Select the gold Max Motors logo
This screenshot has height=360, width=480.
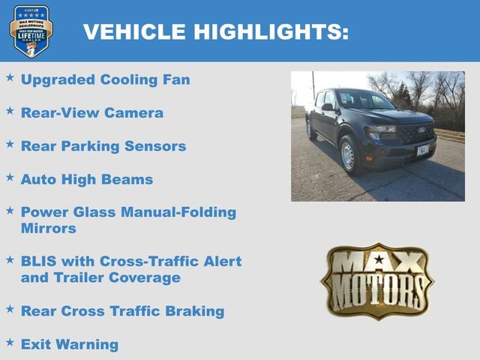(377, 280)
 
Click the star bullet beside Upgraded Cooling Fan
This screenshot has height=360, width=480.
(10, 77)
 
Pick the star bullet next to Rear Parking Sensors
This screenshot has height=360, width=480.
(10, 144)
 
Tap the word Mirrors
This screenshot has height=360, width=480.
(48, 229)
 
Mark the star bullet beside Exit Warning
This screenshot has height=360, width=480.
(10, 342)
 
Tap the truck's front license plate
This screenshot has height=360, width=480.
(423, 149)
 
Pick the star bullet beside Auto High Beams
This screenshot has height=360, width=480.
(10, 178)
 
